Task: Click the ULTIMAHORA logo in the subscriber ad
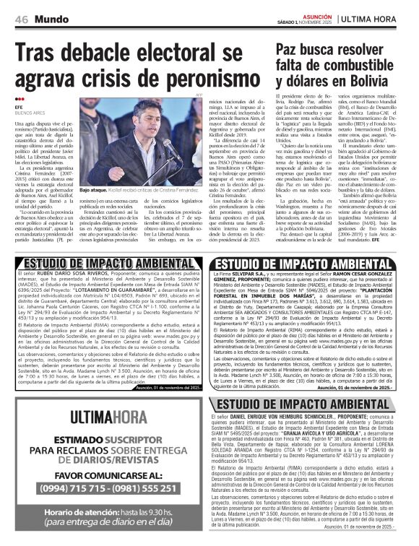click(x=112, y=417)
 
